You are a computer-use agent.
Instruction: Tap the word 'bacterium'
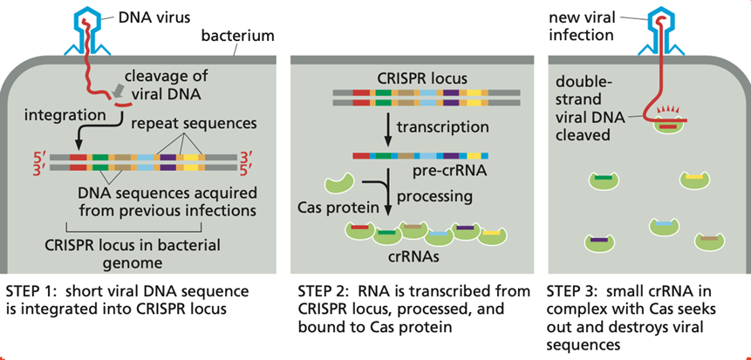click(x=237, y=37)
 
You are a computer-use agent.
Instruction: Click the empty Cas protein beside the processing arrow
click(x=339, y=185)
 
